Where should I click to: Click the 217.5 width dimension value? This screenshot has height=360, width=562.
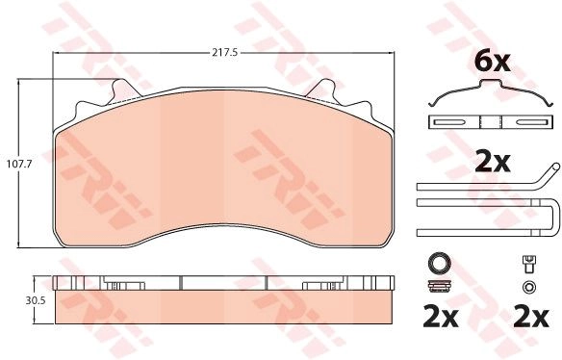[225, 53]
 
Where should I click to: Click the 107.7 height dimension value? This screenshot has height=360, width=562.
[19, 165]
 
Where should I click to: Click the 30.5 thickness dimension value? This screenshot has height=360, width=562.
[35, 300]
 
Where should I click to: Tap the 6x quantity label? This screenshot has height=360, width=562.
[492, 63]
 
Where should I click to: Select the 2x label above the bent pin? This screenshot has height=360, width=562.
[492, 163]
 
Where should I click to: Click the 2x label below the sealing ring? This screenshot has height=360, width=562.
[441, 317]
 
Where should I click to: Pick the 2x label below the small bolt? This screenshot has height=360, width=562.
[531, 317]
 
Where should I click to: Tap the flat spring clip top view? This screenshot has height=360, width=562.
[491, 122]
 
